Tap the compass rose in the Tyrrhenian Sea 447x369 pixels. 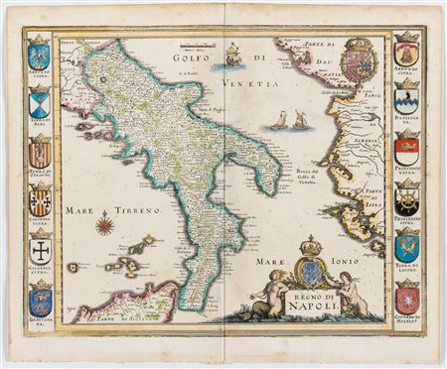pos(105,225)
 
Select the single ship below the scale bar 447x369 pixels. pos(233,56)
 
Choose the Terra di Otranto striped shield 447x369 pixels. pos(39,152)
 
